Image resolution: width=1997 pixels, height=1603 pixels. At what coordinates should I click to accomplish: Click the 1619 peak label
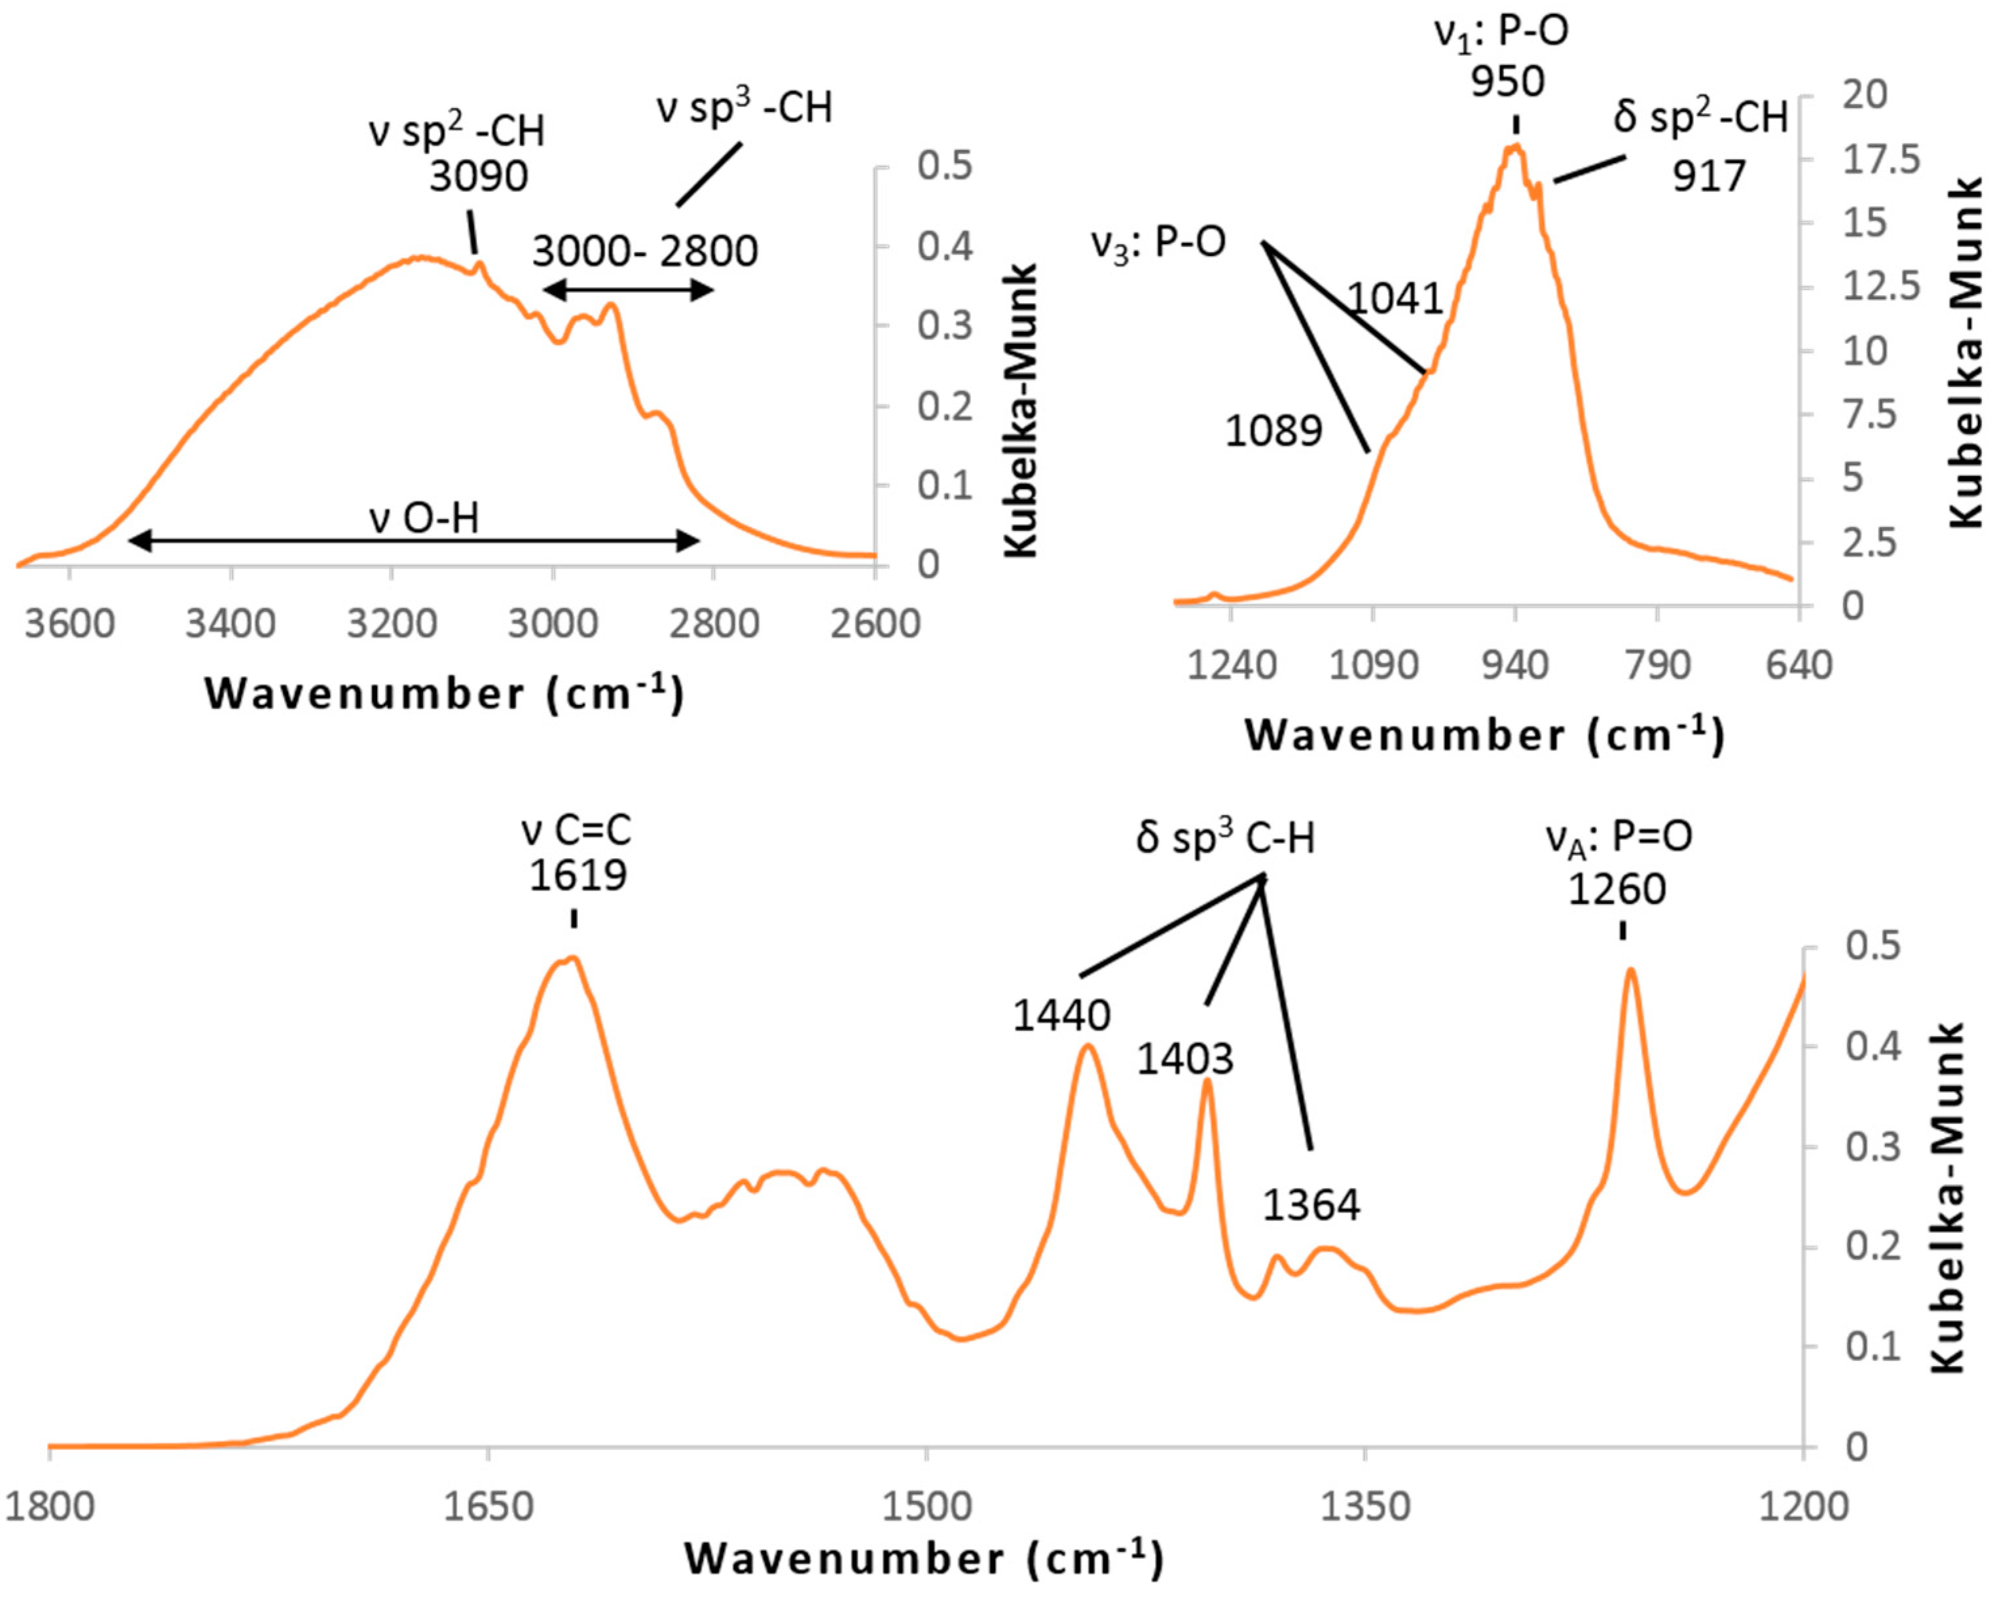click(578, 874)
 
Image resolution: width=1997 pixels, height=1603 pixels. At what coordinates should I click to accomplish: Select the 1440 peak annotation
click(1061, 1016)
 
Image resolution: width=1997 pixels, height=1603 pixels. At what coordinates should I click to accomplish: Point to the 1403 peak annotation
click(1186, 1058)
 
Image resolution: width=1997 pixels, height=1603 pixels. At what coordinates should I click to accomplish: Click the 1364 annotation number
click(1311, 1205)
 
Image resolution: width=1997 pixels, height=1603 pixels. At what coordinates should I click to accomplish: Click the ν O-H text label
click(424, 518)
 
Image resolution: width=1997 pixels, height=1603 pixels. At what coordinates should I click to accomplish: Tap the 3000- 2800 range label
click(645, 251)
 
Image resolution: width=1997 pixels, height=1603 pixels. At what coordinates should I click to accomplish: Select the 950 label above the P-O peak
click(1508, 82)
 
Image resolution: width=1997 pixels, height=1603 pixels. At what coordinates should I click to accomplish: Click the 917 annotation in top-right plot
click(1709, 176)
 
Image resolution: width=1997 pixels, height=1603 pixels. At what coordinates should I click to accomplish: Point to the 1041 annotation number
click(1395, 298)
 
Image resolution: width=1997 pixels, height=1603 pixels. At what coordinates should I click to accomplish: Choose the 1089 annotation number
click(1273, 431)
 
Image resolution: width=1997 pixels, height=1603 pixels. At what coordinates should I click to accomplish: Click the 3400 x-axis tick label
click(230, 624)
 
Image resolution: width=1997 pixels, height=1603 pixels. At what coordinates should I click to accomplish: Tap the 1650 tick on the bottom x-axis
click(488, 1507)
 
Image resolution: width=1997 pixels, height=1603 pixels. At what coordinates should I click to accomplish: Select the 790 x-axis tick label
click(1657, 665)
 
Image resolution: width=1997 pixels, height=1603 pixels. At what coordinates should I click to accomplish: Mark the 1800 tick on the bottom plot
click(50, 1507)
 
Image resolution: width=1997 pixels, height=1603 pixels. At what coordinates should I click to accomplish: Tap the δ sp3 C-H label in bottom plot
click(1226, 838)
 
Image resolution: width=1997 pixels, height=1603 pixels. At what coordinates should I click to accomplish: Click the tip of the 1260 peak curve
click(1631, 969)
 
